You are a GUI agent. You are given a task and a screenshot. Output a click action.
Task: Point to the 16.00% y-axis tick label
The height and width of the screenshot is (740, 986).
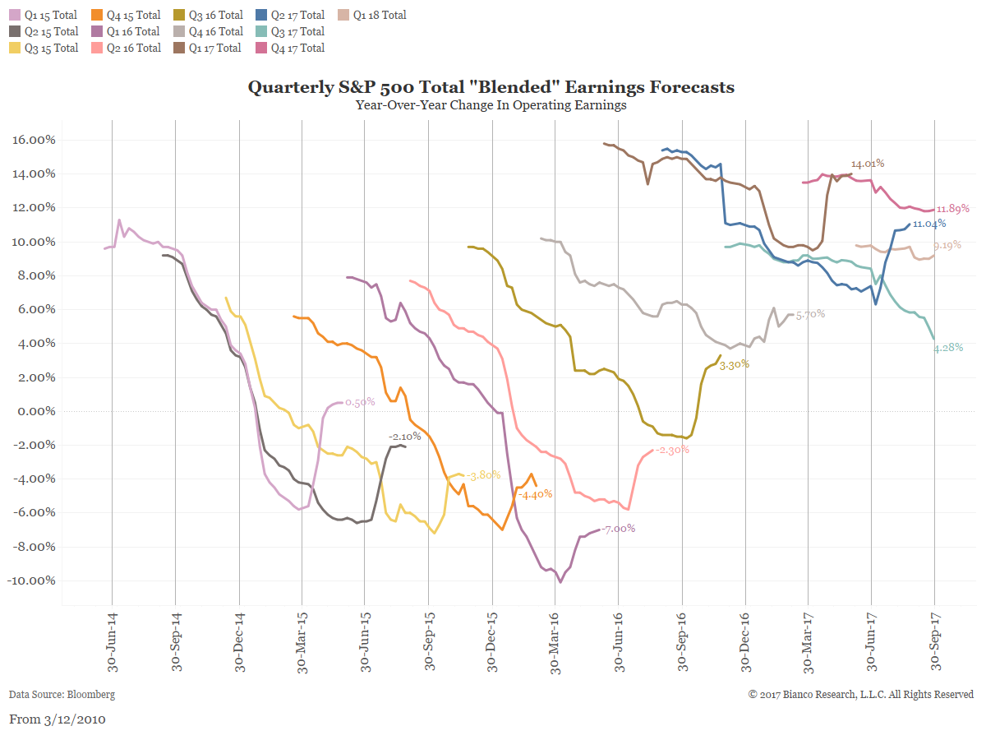[x=35, y=140]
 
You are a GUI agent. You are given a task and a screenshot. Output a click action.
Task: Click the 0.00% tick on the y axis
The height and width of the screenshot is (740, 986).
[x=37, y=411]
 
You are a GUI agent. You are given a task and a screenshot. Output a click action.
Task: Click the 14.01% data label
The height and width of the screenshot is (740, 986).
[x=868, y=164]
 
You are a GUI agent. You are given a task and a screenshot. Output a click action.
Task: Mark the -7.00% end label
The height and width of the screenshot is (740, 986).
[x=619, y=529]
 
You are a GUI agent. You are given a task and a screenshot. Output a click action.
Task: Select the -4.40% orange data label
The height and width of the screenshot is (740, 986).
[x=535, y=494]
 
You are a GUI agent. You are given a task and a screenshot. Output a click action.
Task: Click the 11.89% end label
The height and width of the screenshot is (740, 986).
[x=953, y=208]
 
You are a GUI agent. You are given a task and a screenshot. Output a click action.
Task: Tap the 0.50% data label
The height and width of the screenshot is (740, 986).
[x=360, y=402]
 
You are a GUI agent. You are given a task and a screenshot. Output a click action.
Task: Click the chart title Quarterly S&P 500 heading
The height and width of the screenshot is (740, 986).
[x=491, y=87]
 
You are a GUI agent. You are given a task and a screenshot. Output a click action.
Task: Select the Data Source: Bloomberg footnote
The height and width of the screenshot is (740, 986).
[x=62, y=695]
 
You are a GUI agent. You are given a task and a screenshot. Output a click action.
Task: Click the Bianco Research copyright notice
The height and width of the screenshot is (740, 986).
[x=861, y=695]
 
